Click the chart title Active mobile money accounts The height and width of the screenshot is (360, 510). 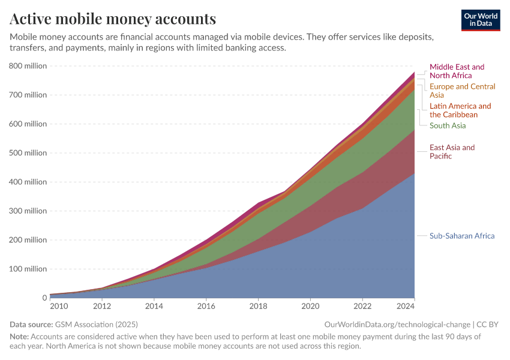pos(113,19)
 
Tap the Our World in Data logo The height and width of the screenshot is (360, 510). pos(481,20)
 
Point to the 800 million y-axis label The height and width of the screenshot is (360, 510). pos(28,66)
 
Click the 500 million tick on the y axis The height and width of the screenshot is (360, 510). pos(28,153)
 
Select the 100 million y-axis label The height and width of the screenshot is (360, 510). pos(28,269)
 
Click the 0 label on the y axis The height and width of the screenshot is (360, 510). pos(44,298)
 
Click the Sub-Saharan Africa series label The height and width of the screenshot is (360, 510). pos(462,236)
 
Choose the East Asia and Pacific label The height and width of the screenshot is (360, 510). pos(452,152)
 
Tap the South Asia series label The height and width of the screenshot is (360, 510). pos(448,125)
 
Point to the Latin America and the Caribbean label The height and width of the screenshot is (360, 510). pos(460,110)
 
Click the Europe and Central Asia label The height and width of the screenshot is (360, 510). pos(462,91)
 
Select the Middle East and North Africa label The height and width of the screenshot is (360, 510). pos(457,71)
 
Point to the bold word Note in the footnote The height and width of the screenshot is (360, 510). pos(19,337)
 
